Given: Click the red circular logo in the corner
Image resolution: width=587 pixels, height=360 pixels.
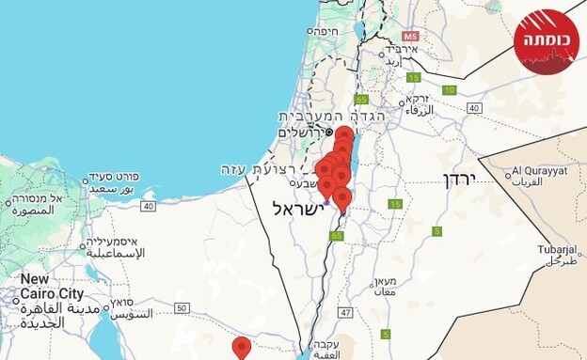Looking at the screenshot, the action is click(x=547, y=41).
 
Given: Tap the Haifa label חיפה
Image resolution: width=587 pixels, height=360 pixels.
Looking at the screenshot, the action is click(x=324, y=31).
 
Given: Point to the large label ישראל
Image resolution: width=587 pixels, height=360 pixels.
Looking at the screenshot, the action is click(x=297, y=208).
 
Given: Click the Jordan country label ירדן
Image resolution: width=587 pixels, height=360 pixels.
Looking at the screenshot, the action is click(x=461, y=179).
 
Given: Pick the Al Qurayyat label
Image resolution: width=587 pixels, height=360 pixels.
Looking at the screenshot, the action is click(x=539, y=172).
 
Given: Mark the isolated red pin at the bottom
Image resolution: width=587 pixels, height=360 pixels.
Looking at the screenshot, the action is click(x=242, y=348).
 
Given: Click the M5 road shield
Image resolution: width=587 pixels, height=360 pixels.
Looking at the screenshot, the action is click(x=409, y=36).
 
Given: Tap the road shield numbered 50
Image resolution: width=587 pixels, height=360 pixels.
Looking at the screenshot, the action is click(x=182, y=307).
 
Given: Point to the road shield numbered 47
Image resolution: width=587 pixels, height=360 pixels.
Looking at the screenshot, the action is click(x=346, y=311).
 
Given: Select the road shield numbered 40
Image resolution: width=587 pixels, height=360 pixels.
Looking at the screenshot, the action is click(x=474, y=108).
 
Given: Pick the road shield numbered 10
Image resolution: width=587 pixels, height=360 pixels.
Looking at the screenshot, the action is click(x=450, y=90).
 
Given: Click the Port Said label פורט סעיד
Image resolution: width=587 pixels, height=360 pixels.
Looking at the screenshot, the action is click(x=117, y=178).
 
